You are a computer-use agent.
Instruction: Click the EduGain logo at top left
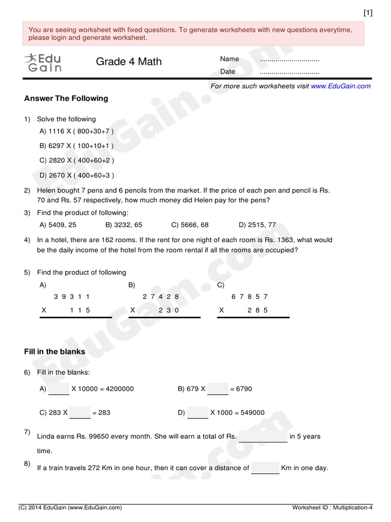42,63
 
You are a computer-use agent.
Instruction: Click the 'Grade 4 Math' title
129,62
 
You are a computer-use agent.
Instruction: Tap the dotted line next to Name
289,60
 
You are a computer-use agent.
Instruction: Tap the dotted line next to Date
289,72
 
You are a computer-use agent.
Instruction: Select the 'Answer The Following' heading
66,98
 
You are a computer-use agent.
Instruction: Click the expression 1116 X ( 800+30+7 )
76,132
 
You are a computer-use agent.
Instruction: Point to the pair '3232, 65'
124,225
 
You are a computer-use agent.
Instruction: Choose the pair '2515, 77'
257,225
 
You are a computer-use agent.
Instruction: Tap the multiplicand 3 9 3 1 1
72,297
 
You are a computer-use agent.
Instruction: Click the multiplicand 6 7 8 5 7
249,297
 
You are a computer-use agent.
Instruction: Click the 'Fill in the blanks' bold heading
55,352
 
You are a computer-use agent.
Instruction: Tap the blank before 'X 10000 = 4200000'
59,389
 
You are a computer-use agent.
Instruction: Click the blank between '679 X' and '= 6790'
218,389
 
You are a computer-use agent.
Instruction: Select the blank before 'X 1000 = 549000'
198,413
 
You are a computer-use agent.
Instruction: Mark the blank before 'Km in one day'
265,468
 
